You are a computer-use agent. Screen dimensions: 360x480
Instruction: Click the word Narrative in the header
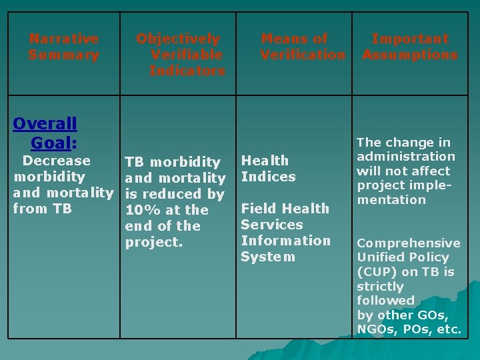coord(63,39)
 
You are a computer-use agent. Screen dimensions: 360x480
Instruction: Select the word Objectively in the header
coord(178,39)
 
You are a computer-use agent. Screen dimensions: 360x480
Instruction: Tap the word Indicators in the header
coord(187,71)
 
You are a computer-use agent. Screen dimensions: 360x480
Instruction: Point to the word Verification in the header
coord(303,55)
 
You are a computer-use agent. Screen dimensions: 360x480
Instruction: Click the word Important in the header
coord(410,39)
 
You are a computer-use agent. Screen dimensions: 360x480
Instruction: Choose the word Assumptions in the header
coord(410,55)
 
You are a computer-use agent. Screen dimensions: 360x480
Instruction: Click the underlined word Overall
coord(45,123)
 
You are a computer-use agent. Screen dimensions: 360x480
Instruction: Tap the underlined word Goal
coord(51,143)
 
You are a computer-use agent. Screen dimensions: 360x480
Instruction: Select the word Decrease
coord(56,161)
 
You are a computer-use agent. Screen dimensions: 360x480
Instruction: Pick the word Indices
coord(268,177)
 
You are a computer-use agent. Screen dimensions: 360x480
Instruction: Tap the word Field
coord(257,209)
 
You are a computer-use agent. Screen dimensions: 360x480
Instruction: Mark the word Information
coord(285,241)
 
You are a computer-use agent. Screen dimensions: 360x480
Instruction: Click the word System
coord(268,257)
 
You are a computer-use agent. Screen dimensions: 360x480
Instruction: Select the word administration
coord(406,157)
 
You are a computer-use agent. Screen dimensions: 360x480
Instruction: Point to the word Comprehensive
coord(409,243)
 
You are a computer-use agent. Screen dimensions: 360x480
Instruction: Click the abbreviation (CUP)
coord(377,272)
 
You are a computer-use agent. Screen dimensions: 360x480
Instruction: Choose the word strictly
coord(380,286)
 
